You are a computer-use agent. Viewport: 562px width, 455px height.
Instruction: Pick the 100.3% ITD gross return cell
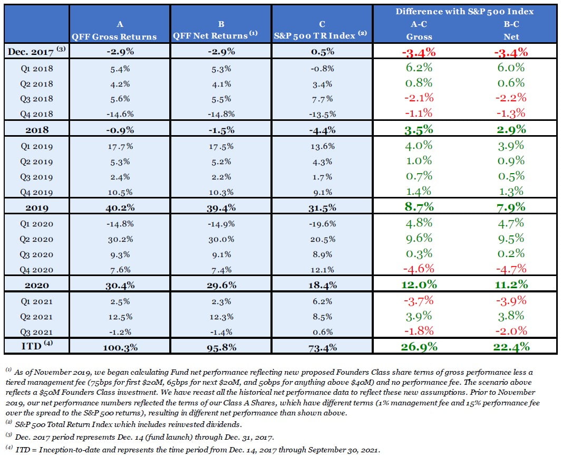121,347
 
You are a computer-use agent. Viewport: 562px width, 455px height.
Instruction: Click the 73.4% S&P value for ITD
322,347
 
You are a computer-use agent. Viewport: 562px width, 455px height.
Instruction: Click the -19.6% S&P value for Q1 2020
322,223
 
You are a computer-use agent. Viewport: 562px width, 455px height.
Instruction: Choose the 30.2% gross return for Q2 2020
121,239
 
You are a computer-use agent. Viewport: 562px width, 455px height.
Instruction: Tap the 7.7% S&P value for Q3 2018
322,99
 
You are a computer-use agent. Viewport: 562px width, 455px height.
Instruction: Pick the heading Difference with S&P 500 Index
464,12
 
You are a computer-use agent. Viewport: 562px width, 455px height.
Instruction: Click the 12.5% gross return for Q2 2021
121,316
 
